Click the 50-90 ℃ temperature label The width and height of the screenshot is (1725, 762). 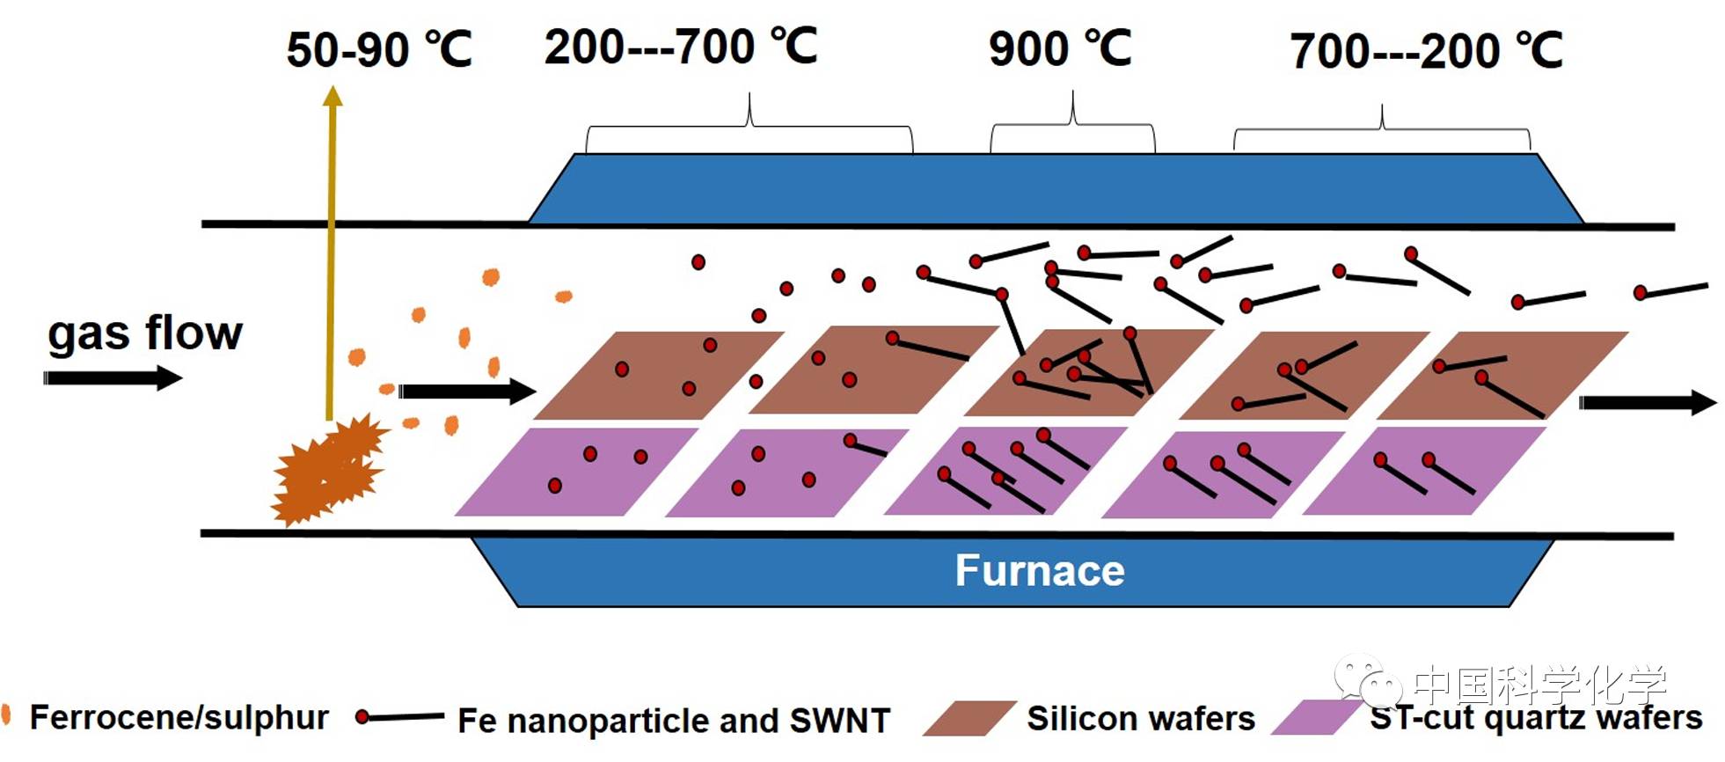379,49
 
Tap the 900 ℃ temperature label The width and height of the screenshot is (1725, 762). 1060,48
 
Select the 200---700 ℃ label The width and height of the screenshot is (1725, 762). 681,47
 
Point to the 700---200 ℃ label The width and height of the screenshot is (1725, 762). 1426,51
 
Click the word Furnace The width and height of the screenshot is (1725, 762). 1040,571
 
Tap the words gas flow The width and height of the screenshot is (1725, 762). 145,333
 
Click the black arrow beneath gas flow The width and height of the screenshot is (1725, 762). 113,378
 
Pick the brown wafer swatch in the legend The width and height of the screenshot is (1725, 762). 968,719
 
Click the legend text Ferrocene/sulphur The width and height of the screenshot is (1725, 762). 179,717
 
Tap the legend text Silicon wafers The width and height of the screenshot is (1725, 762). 1140,719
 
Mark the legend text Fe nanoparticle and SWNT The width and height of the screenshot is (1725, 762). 674,721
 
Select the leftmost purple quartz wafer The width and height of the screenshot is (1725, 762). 576,472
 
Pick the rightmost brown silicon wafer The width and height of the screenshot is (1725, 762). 1502,375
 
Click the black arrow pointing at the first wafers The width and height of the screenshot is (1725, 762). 467,391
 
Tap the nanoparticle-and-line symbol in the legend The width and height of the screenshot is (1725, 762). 399,717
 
